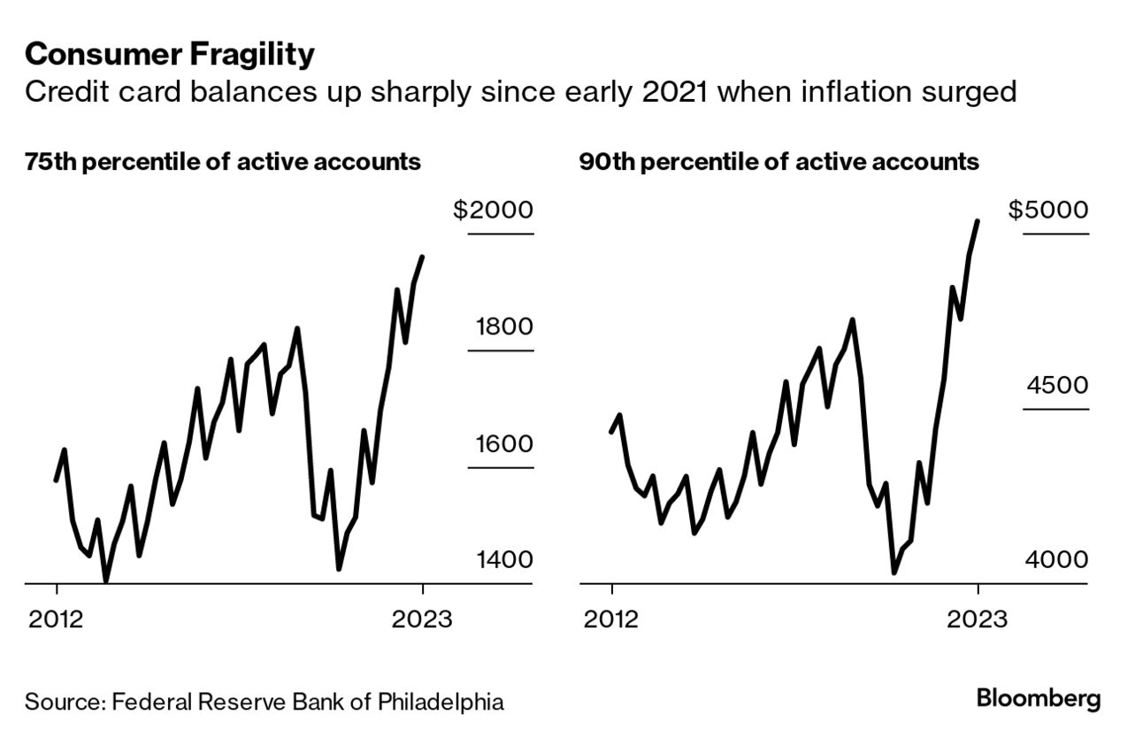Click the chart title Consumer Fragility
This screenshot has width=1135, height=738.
pos(169,55)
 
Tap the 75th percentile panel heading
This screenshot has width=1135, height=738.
pos(223,163)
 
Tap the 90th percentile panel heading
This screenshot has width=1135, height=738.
pos(779,163)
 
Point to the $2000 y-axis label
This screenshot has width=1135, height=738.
pos(494,211)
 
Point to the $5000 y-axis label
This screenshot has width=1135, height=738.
pos(1048,211)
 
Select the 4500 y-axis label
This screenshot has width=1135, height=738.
pos(1057,386)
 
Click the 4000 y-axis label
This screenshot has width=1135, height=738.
pos(1057,560)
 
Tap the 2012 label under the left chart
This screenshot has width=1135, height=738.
pos(56,618)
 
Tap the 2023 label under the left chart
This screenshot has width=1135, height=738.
pos(422,618)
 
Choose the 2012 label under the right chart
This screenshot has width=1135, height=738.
pos(610,618)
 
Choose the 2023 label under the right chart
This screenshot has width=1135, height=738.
pos(977,618)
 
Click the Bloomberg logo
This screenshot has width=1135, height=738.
pos(1039,698)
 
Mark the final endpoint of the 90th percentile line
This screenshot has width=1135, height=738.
pos(978,221)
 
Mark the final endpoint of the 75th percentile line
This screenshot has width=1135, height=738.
pos(423,258)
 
